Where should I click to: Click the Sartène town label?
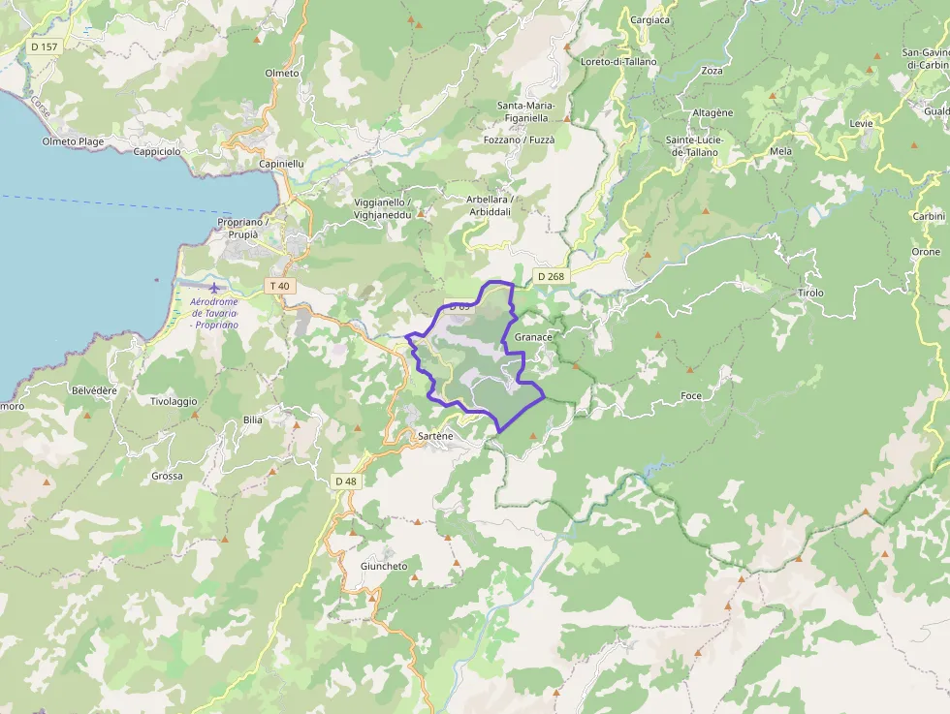pos(434,437)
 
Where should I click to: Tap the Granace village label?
pos(533,337)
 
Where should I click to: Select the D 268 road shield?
pos(551,277)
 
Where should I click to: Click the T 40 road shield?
pos(279,286)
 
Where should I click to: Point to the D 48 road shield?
pos(345,481)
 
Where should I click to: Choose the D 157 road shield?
pos(44,47)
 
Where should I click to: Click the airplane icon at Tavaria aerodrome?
pos(214,287)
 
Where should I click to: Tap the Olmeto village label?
pos(282,74)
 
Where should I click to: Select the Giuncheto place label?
pos(384,567)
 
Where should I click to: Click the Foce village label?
pos(691,396)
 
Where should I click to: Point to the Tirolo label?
pos(810,293)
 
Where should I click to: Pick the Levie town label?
pos(861,124)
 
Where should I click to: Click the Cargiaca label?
pos(649,19)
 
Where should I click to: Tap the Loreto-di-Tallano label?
pos(618,62)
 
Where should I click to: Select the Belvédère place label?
pos(94,390)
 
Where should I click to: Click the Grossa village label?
pos(167,477)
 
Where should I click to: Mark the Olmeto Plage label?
pos(73,142)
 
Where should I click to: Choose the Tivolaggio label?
pos(174,401)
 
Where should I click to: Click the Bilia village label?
pos(253,420)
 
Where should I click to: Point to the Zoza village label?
pos(712,71)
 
